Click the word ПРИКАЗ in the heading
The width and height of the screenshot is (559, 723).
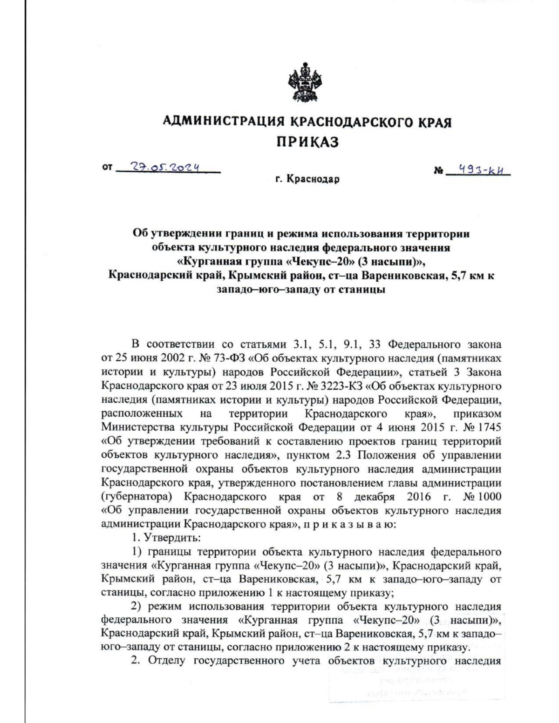(x=307, y=142)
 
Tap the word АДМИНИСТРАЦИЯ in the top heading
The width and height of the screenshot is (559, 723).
(x=224, y=122)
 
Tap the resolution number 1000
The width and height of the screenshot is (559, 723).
(x=489, y=496)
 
